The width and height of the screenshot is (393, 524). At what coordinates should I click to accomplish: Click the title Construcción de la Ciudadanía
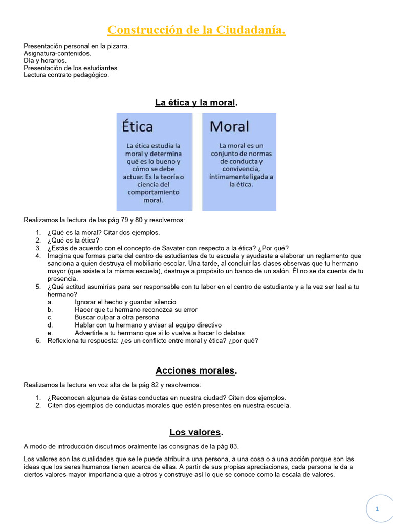point(196,31)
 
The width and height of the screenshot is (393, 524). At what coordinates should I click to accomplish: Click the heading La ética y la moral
point(196,103)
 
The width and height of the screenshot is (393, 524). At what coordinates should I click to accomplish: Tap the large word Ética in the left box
point(137,126)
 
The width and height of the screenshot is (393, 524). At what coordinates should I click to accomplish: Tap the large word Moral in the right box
point(229,126)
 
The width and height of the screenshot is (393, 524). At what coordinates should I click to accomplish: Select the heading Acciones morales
point(196,370)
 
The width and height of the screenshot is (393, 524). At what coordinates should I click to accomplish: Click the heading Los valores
point(196,432)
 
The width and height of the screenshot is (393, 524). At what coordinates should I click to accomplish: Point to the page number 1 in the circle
point(377,509)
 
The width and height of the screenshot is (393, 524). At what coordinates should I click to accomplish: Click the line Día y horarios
point(45,60)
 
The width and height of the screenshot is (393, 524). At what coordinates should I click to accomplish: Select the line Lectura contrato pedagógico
point(67,75)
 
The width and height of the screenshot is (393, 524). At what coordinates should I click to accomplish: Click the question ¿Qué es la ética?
point(73,240)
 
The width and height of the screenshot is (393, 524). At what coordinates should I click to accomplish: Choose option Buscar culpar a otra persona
point(117,317)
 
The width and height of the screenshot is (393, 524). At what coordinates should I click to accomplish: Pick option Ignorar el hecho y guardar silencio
point(125,302)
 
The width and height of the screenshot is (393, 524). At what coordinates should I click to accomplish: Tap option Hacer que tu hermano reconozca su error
point(136,310)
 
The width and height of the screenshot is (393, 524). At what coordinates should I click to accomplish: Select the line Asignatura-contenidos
point(57,53)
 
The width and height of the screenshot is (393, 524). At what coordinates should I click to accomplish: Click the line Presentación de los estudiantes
point(71,68)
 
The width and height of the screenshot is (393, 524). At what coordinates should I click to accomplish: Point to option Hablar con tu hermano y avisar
point(148,325)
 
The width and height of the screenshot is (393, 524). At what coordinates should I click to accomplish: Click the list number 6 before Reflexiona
point(38,340)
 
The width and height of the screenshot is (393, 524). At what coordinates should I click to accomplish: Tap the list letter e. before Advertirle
point(50,333)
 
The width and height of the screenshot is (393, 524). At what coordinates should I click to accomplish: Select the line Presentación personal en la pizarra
point(76,46)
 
